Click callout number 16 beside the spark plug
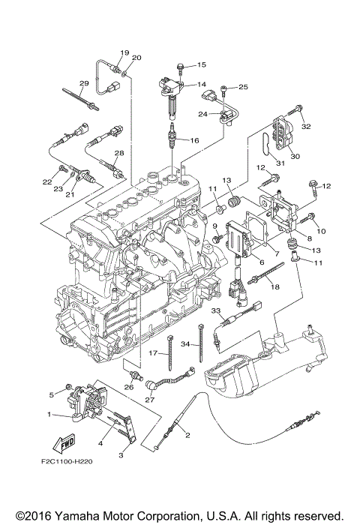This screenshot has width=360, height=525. tap(193, 140)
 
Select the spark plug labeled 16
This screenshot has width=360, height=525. tap(173, 139)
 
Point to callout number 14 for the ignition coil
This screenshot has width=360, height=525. tap(201, 85)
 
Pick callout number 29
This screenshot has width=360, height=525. tap(84, 82)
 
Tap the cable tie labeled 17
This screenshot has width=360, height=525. tap(171, 352)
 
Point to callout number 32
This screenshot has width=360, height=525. tap(306, 127)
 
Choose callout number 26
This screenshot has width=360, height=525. tap(128, 387)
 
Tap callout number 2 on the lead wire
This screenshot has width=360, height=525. tap(187, 436)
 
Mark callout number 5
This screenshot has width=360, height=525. tap(52, 394)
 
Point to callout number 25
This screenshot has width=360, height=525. tap(242, 87)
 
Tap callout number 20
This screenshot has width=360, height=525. tap(136, 58)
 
